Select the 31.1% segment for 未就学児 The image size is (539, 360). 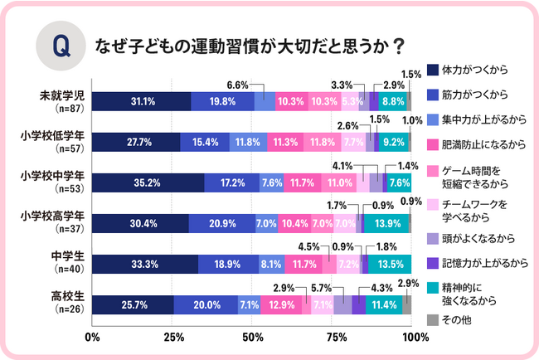[140, 101]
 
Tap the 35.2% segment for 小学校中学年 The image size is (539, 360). [148, 182]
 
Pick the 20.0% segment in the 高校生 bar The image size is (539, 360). [206, 304]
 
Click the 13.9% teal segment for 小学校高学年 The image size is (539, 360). [387, 223]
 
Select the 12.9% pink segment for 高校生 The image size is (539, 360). [282, 304]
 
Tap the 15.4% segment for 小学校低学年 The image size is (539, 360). [204, 142]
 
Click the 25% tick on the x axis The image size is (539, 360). [172, 338]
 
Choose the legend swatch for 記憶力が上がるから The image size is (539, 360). [432, 262]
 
